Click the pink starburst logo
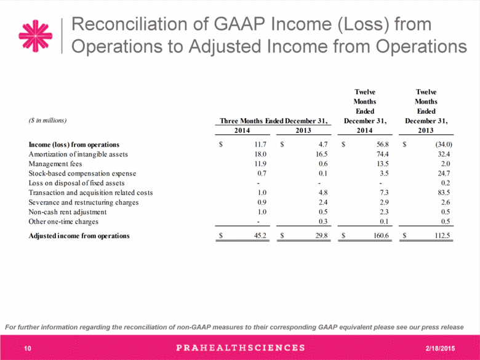(x=36, y=36)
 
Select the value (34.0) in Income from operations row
(x=444, y=145)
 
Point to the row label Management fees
(x=55, y=164)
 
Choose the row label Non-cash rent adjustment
(x=67, y=212)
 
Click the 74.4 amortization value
(x=383, y=154)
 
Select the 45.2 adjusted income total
(x=260, y=236)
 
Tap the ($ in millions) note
(x=47, y=121)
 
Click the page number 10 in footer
(x=28, y=348)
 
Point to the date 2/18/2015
(x=440, y=348)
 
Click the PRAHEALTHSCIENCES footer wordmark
(x=241, y=348)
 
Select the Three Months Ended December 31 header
(x=273, y=121)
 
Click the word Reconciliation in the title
(x=129, y=24)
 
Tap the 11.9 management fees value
(x=260, y=164)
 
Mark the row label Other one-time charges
(x=63, y=222)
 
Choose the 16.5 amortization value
(x=321, y=154)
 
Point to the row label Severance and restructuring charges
(x=84, y=202)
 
